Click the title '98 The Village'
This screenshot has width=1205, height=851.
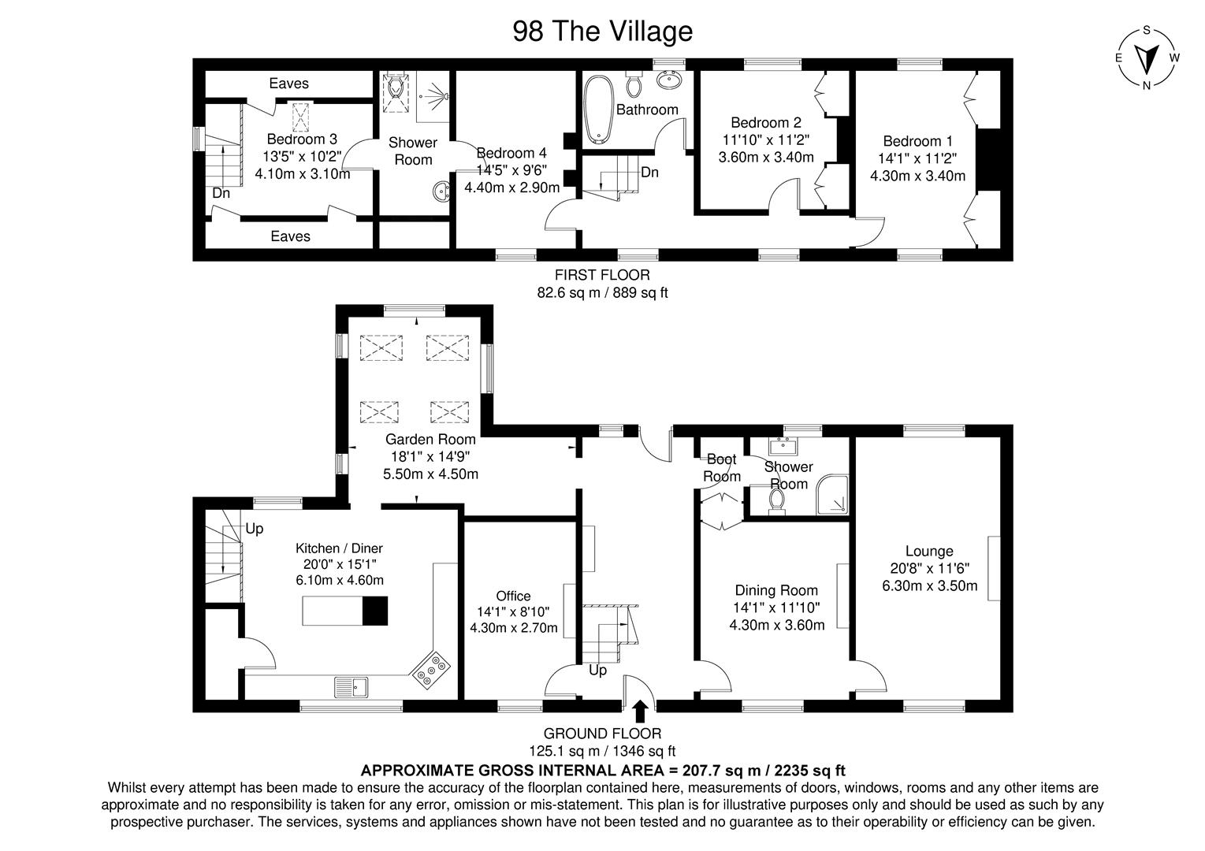coord(602,31)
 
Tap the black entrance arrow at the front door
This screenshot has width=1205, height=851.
coord(640,712)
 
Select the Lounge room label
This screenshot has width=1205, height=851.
coord(929,552)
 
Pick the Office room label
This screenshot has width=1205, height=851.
coord(513,596)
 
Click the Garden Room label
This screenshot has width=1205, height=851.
coord(430,440)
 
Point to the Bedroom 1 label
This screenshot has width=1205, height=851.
coord(912,141)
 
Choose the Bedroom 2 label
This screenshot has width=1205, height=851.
coord(765,122)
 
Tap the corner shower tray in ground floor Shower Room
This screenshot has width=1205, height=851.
coord(834,494)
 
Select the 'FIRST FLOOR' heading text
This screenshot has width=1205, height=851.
coord(602,275)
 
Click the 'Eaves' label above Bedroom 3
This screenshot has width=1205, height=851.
coord(288,84)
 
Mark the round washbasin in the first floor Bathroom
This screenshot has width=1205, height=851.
coord(671,81)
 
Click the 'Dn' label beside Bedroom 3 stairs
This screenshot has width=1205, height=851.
coord(220,193)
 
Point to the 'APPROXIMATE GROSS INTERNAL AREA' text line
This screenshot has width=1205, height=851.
coord(602,770)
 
